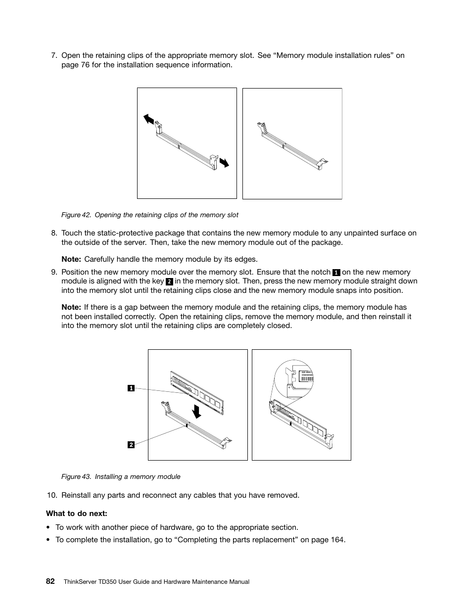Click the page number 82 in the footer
[50, 581]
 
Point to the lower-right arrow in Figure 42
[224, 162]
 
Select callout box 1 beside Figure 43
[131, 388]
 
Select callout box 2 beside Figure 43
[131, 445]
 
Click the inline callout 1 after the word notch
[336, 272]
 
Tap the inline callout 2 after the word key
[169, 282]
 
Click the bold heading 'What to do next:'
[77, 513]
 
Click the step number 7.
[54, 55]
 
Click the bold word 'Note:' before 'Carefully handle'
[71, 259]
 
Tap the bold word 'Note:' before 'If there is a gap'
[71, 307]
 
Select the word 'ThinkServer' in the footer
[81, 582]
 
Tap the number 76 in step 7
[85, 65]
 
